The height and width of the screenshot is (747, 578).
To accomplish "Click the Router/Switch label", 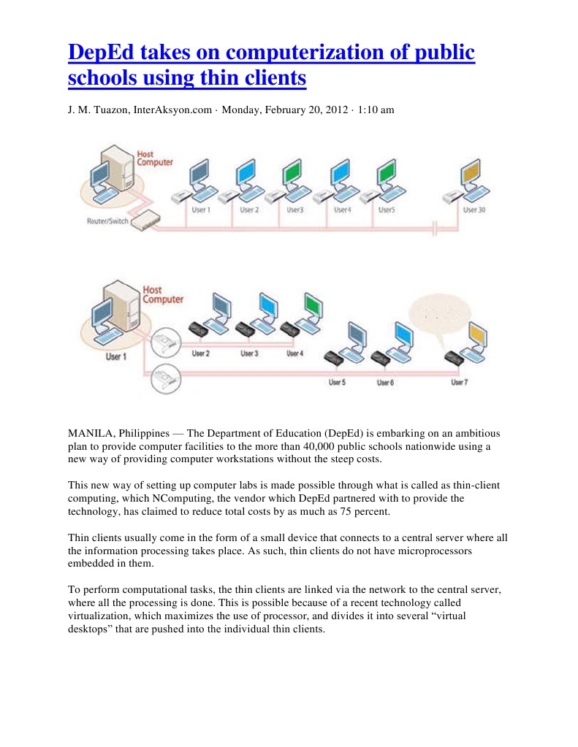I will pos(107,219).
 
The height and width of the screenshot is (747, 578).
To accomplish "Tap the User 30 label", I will pos(474,210).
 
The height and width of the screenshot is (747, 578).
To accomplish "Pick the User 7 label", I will pos(459,382).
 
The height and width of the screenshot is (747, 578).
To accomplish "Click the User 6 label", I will pos(385,382).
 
